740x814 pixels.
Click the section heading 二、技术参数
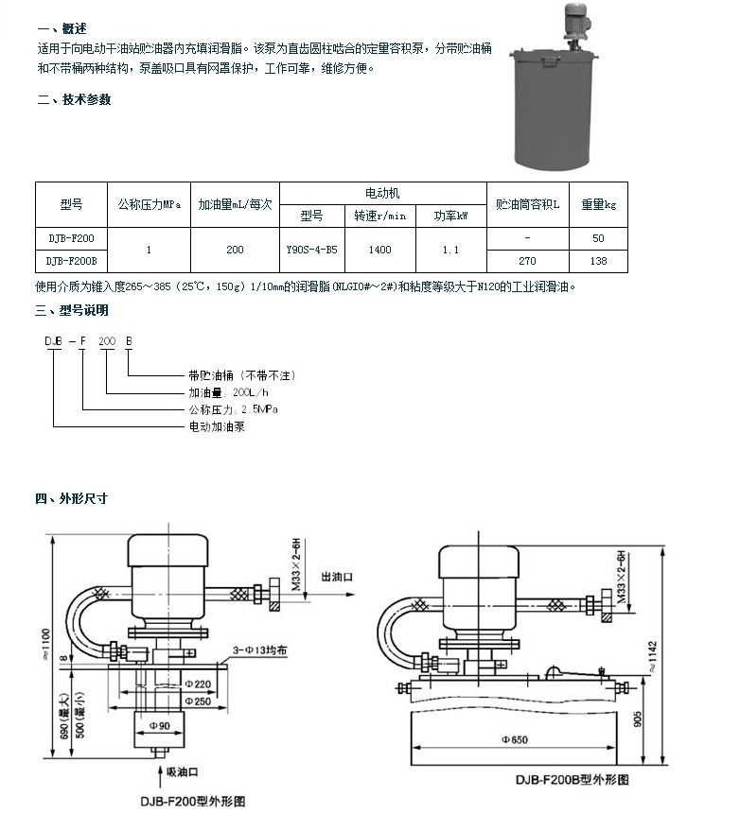pos(74,100)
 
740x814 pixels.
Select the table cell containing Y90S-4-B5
pos(311,250)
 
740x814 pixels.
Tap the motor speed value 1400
pos(379,250)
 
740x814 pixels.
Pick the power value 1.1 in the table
pos(450,250)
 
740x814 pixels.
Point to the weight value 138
pos(598,260)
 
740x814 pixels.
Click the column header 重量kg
pos(598,203)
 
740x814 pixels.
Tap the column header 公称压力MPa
pos(149,203)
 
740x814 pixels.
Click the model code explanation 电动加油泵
pos(213,427)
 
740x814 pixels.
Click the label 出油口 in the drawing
pos(339,575)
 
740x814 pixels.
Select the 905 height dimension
pos(640,719)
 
